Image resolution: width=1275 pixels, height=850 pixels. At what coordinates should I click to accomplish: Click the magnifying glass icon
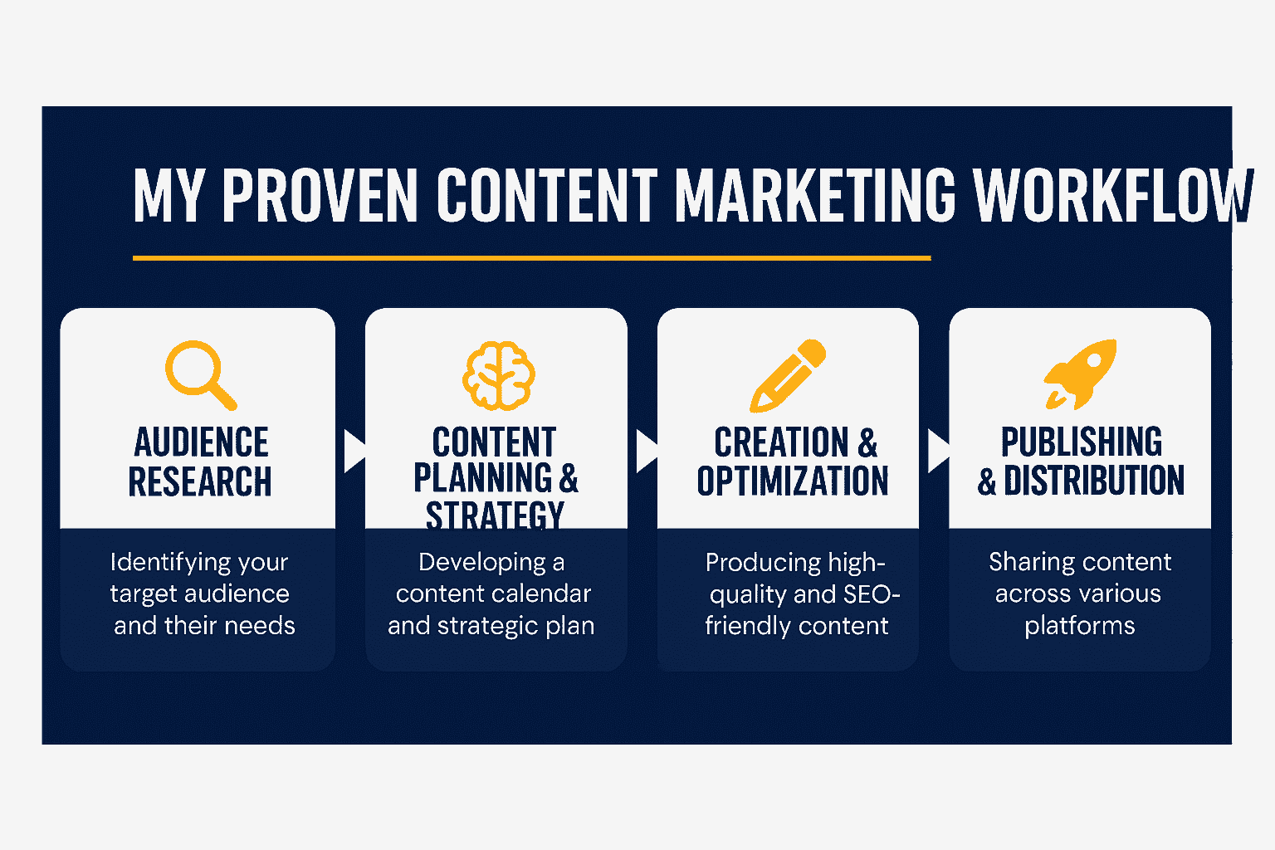(x=200, y=375)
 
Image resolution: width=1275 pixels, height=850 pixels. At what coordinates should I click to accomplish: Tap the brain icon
(x=499, y=376)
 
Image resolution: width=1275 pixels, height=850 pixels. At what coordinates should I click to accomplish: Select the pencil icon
(x=788, y=376)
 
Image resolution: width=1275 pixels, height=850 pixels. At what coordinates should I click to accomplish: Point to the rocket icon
(x=1080, y=374)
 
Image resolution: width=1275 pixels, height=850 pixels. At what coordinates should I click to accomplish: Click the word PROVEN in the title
(x=320, y=195)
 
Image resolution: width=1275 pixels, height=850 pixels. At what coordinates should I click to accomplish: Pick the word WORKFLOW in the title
(x=1113, y=195)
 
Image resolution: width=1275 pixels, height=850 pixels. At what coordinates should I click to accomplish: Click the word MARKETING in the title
(x=815, y=195)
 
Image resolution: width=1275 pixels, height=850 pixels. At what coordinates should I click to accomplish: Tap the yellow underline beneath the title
(x=531, y=258)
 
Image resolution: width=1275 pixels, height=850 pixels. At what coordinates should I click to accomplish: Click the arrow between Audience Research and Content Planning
(x=354, y=452)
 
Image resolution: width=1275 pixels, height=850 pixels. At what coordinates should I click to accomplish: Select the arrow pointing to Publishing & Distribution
(x=939, y=452)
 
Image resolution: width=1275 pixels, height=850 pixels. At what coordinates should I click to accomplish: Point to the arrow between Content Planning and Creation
(x=647, y=452)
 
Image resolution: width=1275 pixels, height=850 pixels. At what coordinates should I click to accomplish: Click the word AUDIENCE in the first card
(x=201, y=442)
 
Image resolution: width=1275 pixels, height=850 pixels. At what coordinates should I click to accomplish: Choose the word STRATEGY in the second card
(x=495, y=515)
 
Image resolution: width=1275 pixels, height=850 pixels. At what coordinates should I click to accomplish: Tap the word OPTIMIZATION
(x=793, y=481)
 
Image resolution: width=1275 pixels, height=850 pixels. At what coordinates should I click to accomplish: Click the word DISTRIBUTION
(x=1093, y=481)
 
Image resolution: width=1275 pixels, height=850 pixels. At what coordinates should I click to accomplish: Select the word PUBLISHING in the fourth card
(x=1082, y=442)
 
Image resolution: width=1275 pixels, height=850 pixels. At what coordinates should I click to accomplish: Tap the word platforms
(x=1080, y=627)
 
